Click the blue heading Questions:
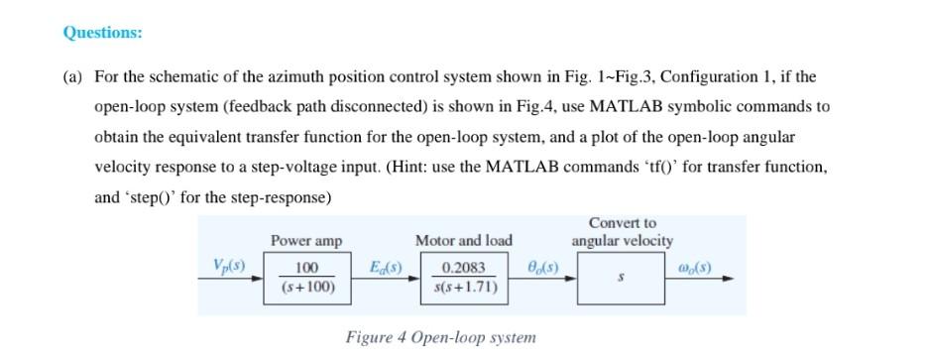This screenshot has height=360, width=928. [x=102, y=33]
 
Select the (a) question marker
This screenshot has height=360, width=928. [x=73, y=76]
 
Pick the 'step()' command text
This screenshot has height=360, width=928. [x=148, y=196]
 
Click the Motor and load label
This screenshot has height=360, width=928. [x=463, y=241]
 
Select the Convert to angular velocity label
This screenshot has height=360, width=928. [x=622, y=232]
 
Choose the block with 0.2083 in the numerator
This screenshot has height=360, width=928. [x=464, y=278]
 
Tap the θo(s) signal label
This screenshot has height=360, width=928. [x=541, y=267]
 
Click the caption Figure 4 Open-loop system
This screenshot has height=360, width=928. [x=440, y=337]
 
